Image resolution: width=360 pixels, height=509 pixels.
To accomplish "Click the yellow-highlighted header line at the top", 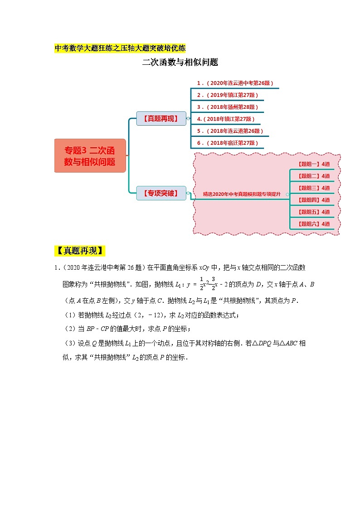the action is [120, 48].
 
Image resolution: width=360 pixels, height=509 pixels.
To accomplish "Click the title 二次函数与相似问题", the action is [180, 63].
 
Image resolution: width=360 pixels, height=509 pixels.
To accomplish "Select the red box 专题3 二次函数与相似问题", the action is [90, 155].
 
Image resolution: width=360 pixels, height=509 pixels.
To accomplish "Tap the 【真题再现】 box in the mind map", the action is [161, 119].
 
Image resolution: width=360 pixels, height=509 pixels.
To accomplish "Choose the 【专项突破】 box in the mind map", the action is [161, 194].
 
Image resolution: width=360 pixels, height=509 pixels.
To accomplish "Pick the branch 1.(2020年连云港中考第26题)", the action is [235, 83].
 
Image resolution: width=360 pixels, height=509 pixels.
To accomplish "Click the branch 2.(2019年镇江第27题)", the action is [227, 95].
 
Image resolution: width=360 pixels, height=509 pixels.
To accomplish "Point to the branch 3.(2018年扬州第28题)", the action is [227, 107].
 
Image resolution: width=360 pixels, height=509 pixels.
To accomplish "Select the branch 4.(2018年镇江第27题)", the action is [225, 119].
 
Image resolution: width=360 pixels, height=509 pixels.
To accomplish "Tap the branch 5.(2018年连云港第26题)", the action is [230, 131].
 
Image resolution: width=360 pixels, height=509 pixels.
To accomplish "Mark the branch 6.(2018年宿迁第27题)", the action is [227, 143].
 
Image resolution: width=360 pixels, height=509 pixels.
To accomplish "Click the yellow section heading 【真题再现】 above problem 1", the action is [80, 251].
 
